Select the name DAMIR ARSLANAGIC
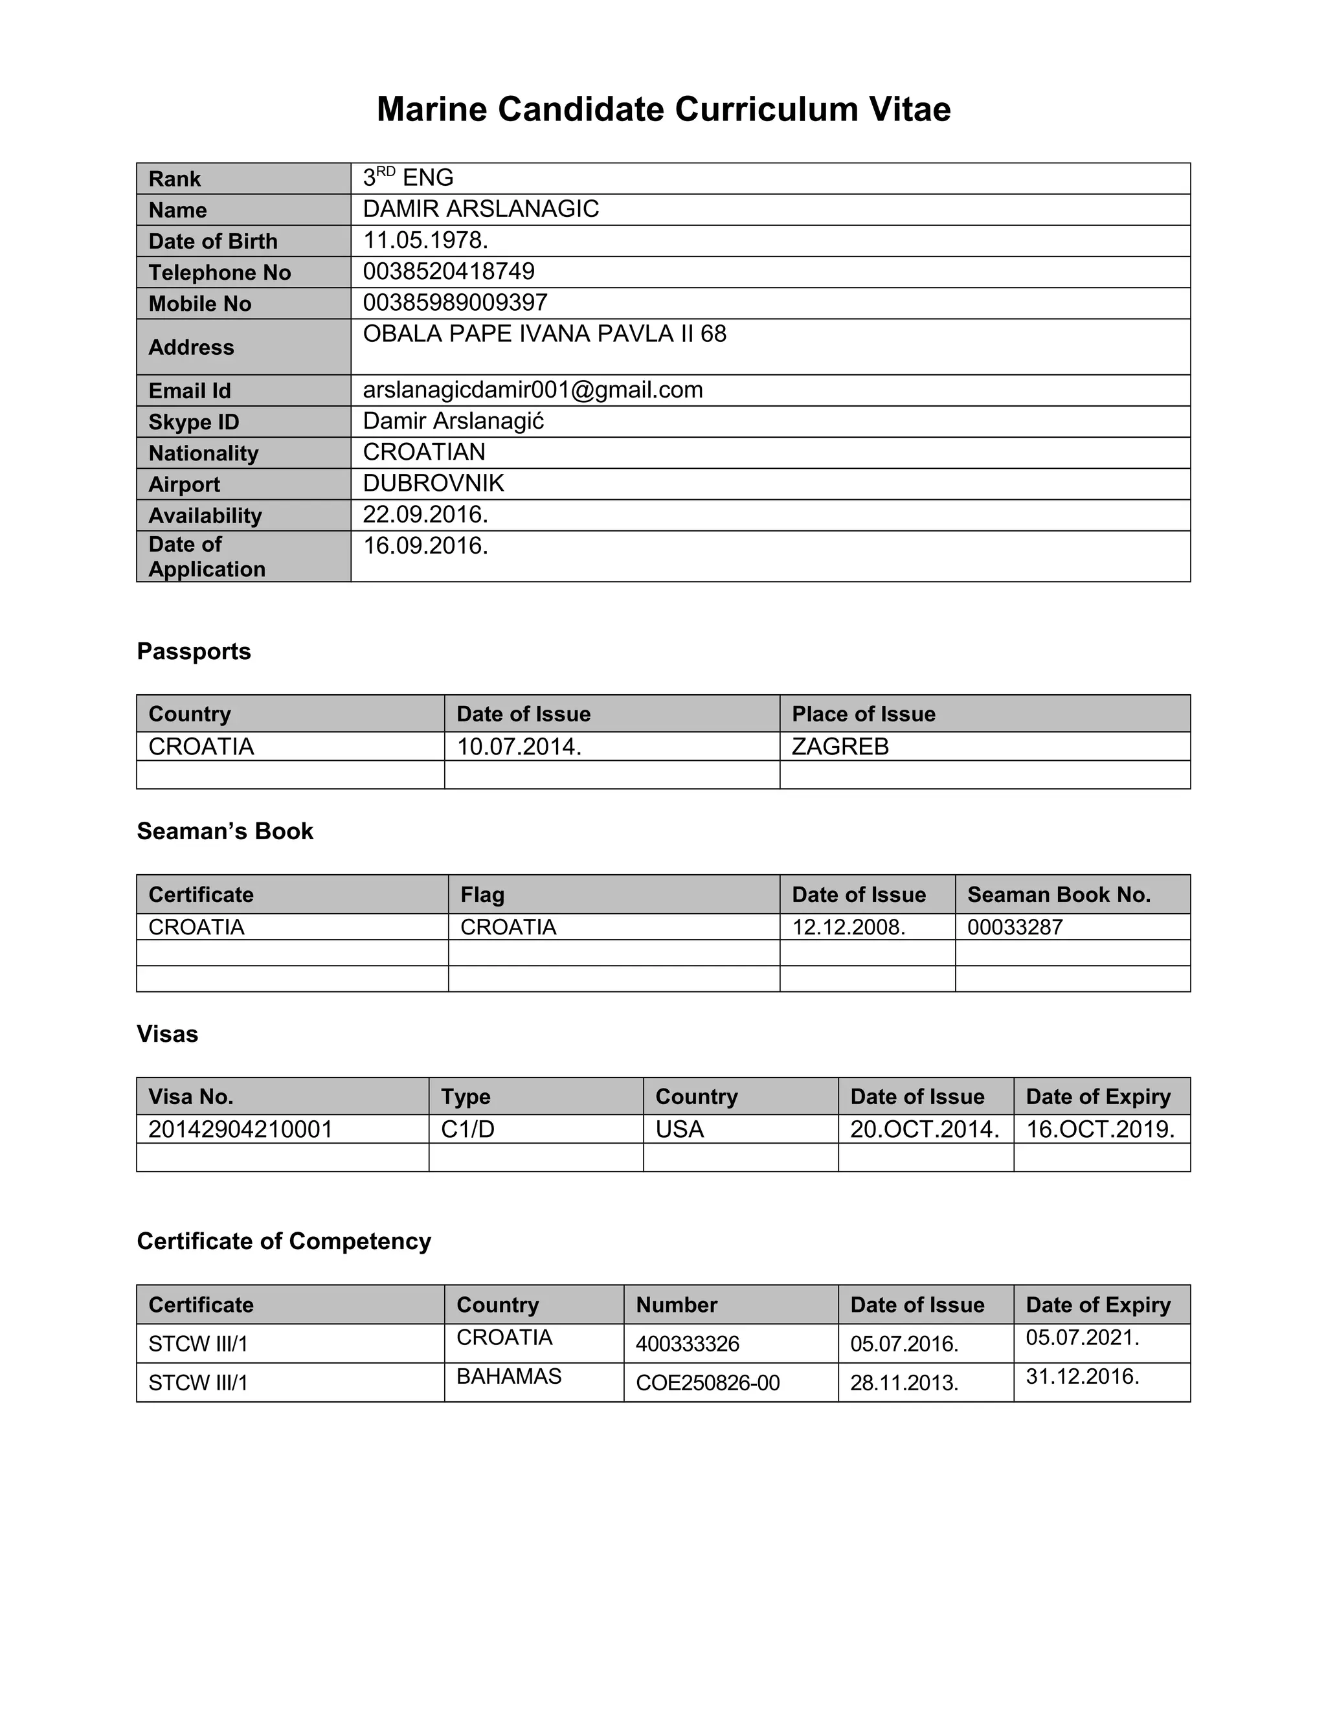[x=481, y=209]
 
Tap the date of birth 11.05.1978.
[x=425, y=240]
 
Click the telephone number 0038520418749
[x=449, y=271]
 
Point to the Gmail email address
[x=533, y=390]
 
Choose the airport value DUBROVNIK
[x=433, y=482]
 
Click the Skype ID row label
[x=193, y=422]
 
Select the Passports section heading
[x=193, y=651]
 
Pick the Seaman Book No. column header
[x=1058, y=894]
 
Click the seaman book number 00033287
[x=1015, y=927]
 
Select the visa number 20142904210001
[x=240, y=1129]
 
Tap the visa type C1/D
[x=467, y=1129]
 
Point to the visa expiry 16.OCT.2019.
[x=1100, y=1129]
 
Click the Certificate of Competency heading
[x=284, y=1241]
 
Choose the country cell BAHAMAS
[x=508, y=1376]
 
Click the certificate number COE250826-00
[x=707, y=1383]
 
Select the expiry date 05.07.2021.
[x=1082, y=1337]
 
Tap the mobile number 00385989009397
[x=455, y=302]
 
